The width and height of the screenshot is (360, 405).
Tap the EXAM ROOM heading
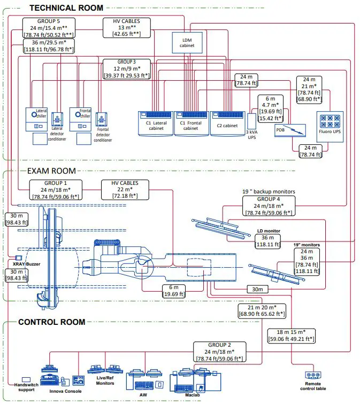tap(51, 171)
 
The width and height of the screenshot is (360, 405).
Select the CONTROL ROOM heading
tap(51, 322)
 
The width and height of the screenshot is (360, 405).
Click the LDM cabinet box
tap(187, 42)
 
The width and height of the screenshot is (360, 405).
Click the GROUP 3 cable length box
tap(126, 69)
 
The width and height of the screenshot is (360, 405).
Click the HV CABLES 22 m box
tap(125, 190)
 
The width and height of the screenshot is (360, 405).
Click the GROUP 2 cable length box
tap(218, 352)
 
